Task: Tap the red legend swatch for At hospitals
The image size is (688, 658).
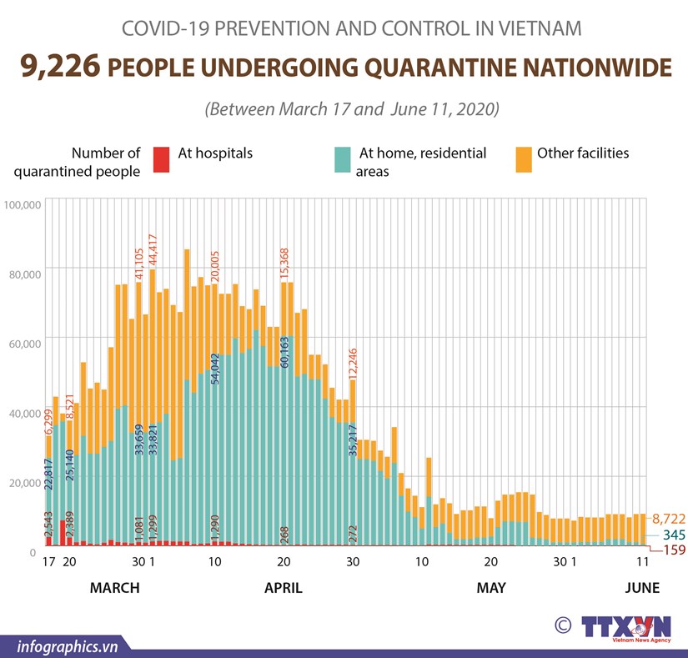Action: click(161, 159)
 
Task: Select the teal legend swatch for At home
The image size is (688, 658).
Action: click(342, 159)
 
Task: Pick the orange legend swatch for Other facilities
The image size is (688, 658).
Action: click(523, 159)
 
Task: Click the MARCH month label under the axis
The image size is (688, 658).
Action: click(115, 588)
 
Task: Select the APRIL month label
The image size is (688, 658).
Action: click(284, 588)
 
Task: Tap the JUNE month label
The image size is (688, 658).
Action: click(642, 588)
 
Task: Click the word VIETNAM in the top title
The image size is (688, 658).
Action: click(540, 28)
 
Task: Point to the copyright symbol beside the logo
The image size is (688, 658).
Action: click(564, 625)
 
